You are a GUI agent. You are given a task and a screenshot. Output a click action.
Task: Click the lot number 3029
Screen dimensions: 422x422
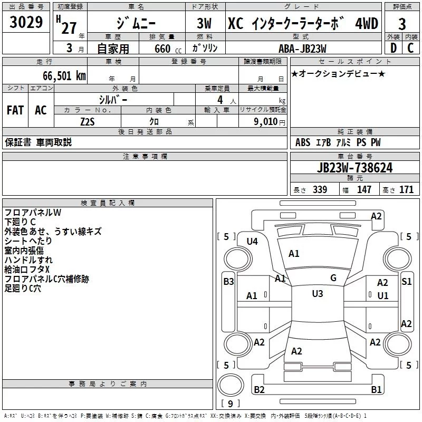[x=26, y=23]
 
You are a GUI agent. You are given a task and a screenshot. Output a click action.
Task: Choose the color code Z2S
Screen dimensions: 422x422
[x=87, y=121]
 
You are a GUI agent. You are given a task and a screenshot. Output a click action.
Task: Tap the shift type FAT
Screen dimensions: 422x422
[x=15, y=110]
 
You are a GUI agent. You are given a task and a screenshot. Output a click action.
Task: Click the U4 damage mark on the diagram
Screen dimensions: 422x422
[x=252, y=242]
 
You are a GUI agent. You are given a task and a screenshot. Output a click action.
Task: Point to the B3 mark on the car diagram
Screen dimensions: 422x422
[x=228, y=282]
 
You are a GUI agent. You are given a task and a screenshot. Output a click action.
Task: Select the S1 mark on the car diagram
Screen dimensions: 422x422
[x=406, y=282]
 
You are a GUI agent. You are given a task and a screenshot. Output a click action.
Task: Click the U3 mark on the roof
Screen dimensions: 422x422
[x=317, y=294]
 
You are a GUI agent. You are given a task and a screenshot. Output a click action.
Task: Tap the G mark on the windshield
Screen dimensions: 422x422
[x=333, y=278]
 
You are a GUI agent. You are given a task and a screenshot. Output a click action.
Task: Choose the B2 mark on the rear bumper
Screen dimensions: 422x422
[x=260, y=390]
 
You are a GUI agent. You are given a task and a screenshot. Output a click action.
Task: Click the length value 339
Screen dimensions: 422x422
[x=320, y=190]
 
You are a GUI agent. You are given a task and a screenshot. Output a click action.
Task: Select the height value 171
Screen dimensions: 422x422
[x=406, y=190]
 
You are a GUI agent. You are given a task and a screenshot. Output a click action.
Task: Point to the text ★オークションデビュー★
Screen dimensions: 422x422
[x=338, y=73]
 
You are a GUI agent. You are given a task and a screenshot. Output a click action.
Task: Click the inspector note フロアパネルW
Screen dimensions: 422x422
[x=33, y=213]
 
